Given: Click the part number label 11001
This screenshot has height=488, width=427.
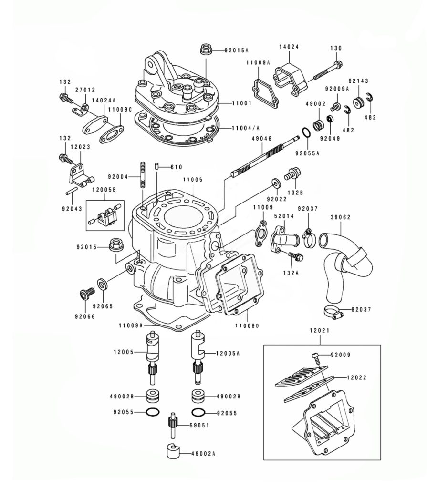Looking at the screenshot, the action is point(241,103).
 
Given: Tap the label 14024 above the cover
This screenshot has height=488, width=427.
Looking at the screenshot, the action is point(289,47).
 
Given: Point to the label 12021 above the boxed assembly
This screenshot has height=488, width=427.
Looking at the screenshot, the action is point(320,330).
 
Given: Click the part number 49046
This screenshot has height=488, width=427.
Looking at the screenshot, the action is point(262,139).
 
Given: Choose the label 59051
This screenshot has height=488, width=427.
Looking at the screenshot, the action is point(199,425).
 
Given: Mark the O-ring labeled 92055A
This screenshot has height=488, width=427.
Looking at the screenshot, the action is point(306,132).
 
